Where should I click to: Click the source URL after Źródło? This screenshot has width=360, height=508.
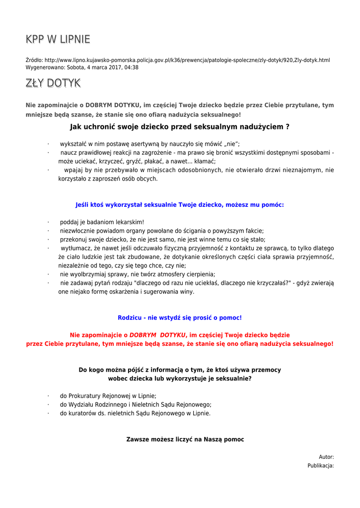(x=187, y=60)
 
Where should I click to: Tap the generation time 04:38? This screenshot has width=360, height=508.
(x=132, y=67)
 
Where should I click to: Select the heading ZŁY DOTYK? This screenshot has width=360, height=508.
(x=53, y=83)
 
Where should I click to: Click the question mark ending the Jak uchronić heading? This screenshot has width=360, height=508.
(x=288, y=127)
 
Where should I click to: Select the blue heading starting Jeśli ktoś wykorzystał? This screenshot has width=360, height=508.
(x=179, y=204)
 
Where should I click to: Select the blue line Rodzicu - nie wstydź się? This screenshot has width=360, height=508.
(x=179, y=317)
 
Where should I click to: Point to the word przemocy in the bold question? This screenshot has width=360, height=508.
(x=264, y=370)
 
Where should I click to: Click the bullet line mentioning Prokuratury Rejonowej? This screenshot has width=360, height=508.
(x=108, y=396)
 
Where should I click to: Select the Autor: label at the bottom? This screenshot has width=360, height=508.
(x=326, y=457)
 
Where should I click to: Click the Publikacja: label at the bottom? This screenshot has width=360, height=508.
(x=320, y=466)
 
